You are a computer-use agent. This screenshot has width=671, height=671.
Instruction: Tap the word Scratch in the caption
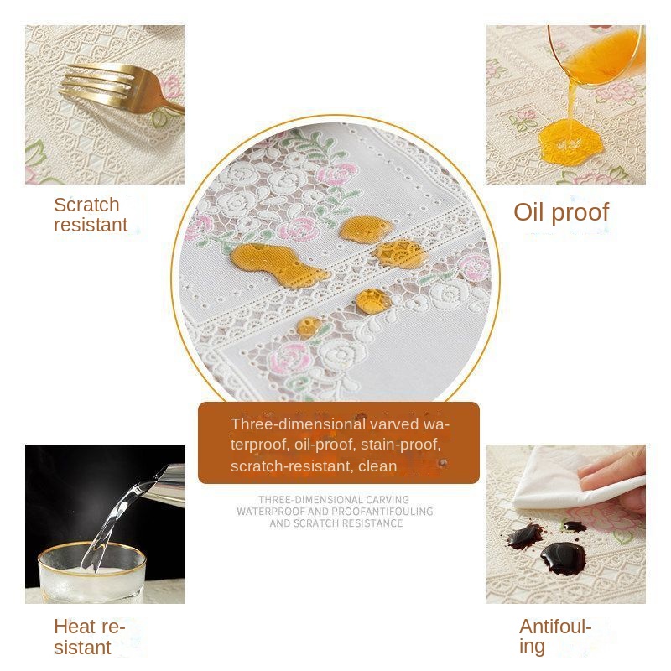pyautogui.click(x=86, y=205)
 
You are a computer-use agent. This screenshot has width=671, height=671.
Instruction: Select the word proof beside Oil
pyautogui.click(x=580, y=213)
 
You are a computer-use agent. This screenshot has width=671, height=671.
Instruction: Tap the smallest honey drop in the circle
pyautogui.click(x=309, y=326)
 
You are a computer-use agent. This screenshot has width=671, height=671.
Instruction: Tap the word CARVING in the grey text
pyautogui.click(x=388, y=499)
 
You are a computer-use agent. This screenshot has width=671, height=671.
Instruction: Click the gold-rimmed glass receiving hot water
pyautogui.click(x=92, y=573)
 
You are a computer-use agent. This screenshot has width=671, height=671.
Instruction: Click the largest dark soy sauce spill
pyautogui.click(x=563, y=558)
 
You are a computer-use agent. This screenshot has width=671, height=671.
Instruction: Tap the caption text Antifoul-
pyautogui.click(x=555, y=627)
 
